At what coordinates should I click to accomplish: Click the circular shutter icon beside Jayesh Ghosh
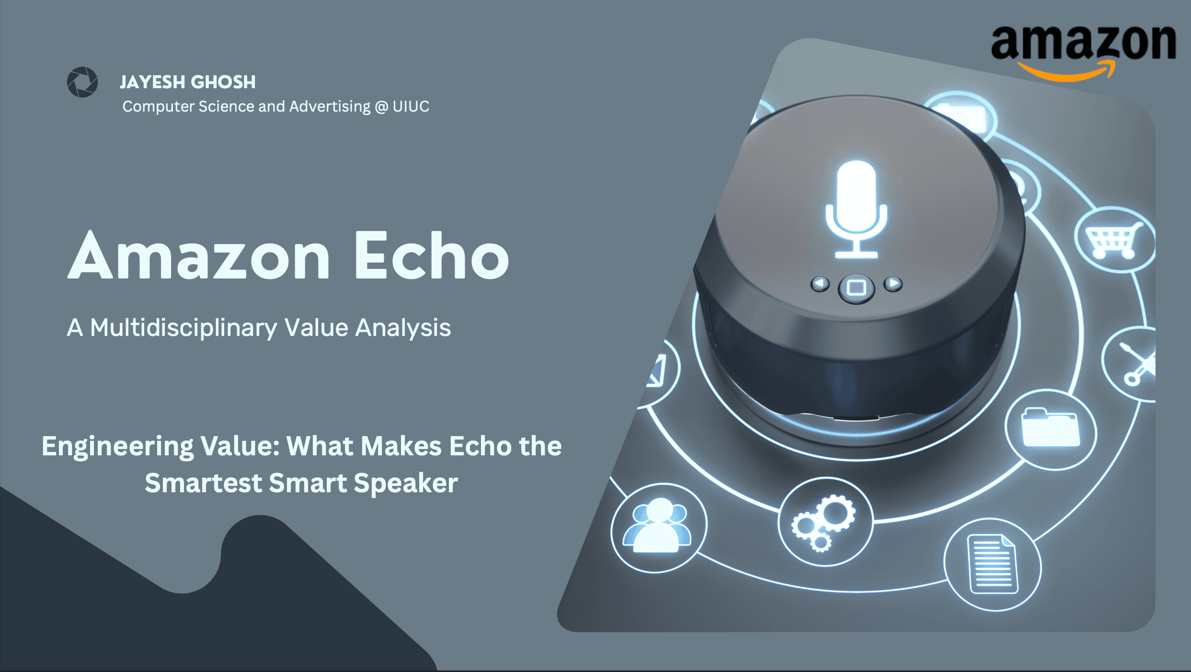[82, 82]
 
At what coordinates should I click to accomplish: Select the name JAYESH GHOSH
[187, 82]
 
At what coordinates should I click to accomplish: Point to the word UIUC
[411, 106]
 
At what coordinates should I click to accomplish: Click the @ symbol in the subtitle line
[381, 106]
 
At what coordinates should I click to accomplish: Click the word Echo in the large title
[431, 256]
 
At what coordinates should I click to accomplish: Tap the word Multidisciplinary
[183, 328]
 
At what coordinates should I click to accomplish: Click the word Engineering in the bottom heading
[117, 446]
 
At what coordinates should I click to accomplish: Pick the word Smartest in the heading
[203, 483]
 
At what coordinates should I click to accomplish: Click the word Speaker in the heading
[405, 483]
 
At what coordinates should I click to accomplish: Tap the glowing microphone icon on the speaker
[856, 209]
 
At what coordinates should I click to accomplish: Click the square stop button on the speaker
[856, 288]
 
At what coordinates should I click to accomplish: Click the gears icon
[824, 522]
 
